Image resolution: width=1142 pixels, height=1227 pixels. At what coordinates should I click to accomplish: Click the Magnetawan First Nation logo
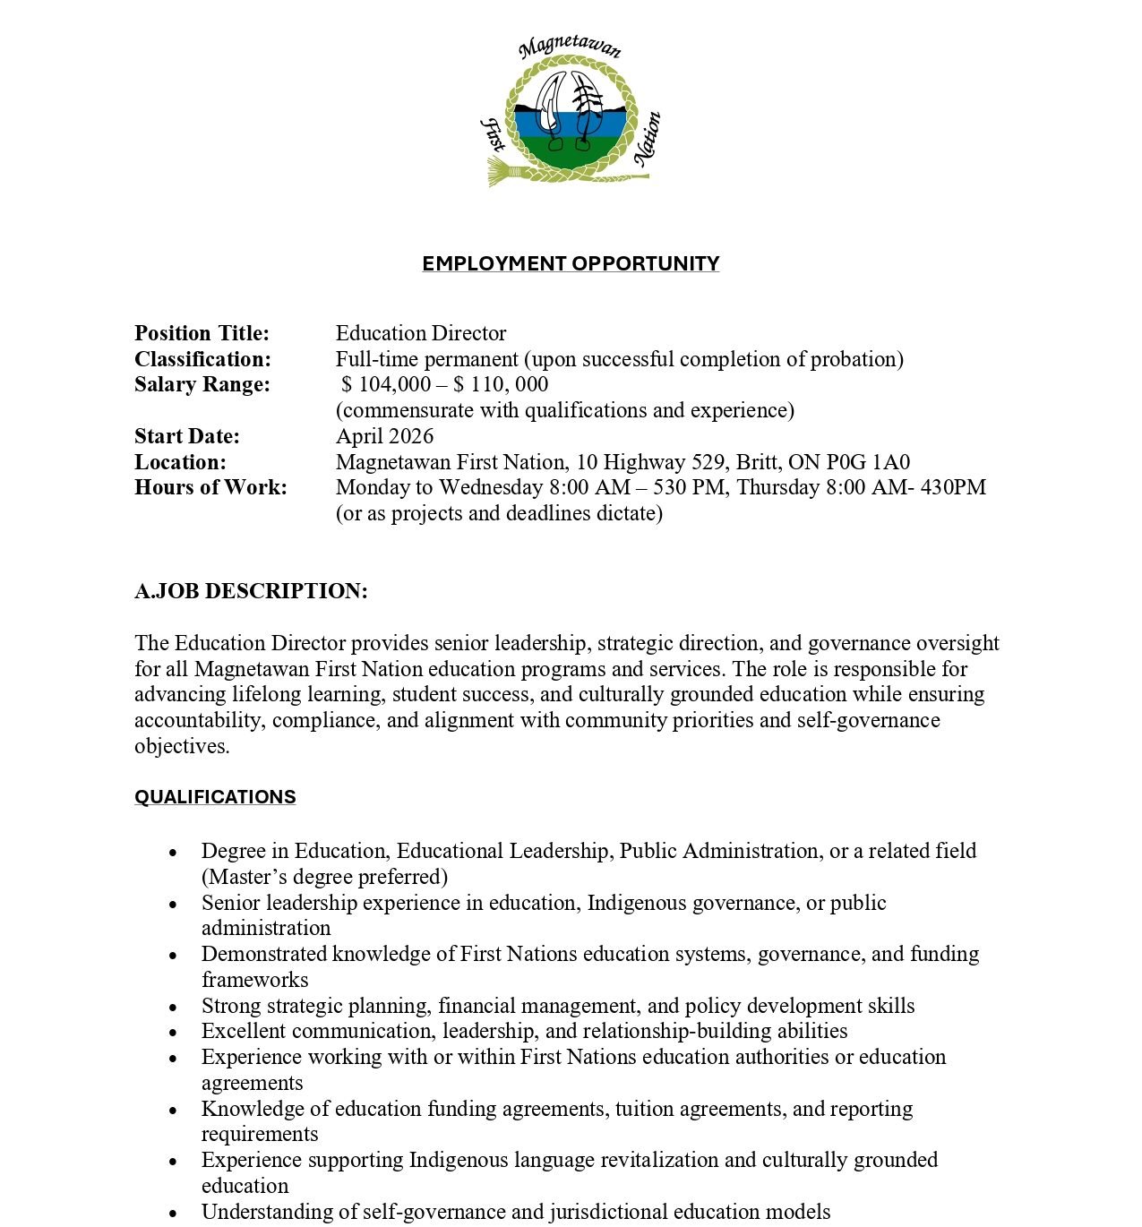click(x=571, y=112)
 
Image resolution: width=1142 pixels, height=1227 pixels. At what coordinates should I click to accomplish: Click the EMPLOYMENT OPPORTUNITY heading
click(x=571, y=263)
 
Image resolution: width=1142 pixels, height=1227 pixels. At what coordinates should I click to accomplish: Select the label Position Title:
click(x=202, y=333)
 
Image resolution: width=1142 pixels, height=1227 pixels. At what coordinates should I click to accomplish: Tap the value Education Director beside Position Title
click(x=421, y=333)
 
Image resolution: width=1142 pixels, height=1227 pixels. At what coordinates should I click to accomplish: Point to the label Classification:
click(x=202, y=359)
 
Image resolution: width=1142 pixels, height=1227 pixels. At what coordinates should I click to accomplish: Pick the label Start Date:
click(x=187, y=436)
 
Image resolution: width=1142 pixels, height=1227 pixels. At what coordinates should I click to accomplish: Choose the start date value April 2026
click(x=384, y=436)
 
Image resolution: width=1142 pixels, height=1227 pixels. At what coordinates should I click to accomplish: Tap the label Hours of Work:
click(x=210, y=487)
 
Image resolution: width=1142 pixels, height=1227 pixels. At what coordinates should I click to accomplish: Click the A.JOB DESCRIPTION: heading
click(x=251, y=591)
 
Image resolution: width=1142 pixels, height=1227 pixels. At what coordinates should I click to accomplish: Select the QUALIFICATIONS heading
click(x=215, y=797)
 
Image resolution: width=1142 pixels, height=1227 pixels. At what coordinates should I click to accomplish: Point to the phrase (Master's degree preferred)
click(x=324, y=877)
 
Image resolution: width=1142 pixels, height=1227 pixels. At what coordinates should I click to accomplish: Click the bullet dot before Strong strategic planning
click(x=174, y=1007)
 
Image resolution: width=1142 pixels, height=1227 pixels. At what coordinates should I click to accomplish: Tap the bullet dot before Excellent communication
click(x=174, y=1033)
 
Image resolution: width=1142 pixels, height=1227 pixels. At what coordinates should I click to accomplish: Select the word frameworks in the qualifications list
click(x=254, y=980)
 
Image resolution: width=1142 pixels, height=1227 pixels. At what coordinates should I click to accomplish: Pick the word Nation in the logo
click(x=648, y=138)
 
